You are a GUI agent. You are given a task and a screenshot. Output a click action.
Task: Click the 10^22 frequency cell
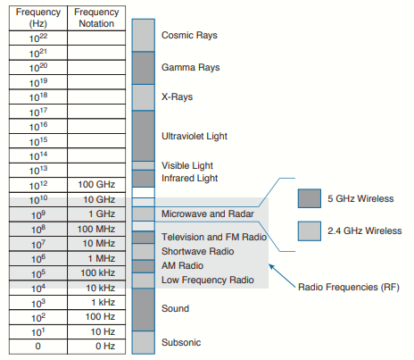(38, 38)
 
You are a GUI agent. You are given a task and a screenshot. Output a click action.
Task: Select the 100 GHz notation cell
(96, 185)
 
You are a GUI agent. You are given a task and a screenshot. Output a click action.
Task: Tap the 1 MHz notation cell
(96, 258)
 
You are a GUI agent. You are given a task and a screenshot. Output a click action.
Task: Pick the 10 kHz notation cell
(96, 288)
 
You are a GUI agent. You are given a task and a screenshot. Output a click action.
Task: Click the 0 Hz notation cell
(96, 347)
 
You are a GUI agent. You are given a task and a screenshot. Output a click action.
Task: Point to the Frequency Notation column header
(96, 18)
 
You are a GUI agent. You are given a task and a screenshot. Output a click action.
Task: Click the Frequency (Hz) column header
(38, 18)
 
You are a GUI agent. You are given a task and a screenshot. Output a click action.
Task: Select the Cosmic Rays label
(189, 35)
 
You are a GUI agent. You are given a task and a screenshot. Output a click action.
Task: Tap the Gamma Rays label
(190, 67)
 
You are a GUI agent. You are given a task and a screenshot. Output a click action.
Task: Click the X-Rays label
(177, 96)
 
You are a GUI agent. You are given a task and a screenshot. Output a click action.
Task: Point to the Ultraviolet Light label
(195, 136)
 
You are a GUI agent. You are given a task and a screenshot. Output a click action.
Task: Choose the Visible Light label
(187, 165)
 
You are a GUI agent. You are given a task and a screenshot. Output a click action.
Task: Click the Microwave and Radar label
(208, 213)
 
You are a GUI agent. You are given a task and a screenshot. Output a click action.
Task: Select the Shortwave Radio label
(197, 251)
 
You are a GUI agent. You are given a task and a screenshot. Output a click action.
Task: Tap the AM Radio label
(182, 265)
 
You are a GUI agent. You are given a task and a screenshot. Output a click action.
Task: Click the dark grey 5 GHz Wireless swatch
(310, 198)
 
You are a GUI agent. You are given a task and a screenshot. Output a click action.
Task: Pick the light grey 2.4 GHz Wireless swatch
(310, 230)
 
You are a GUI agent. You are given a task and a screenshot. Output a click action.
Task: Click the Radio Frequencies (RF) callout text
(349, 287)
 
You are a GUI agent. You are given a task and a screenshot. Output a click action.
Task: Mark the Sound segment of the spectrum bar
(144, 310)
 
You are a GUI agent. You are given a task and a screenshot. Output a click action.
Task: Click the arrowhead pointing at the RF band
(271, 266)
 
